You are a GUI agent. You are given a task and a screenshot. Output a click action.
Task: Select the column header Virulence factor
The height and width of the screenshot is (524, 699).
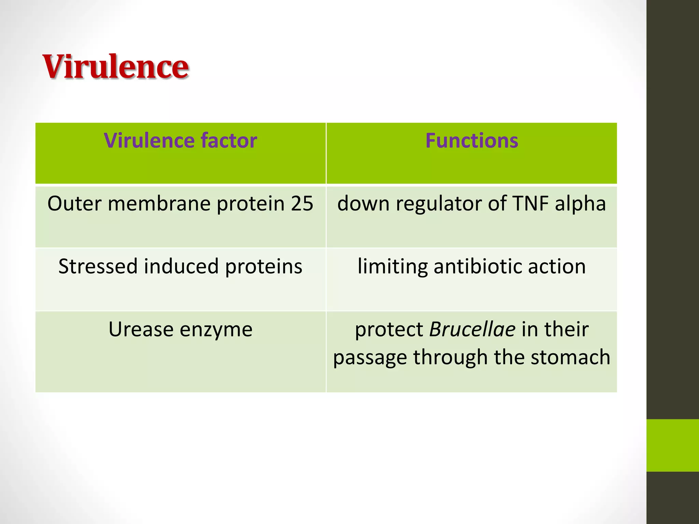pos(180,141)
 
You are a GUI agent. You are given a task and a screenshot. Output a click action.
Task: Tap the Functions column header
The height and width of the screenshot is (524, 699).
pos(472,141)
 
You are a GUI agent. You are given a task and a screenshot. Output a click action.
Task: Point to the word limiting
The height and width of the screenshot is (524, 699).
pos(393,267)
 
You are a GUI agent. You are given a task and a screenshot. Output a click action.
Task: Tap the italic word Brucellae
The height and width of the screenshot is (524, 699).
pos(472,330)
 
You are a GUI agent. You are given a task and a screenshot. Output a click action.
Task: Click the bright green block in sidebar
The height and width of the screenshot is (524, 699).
pos(672,445)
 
